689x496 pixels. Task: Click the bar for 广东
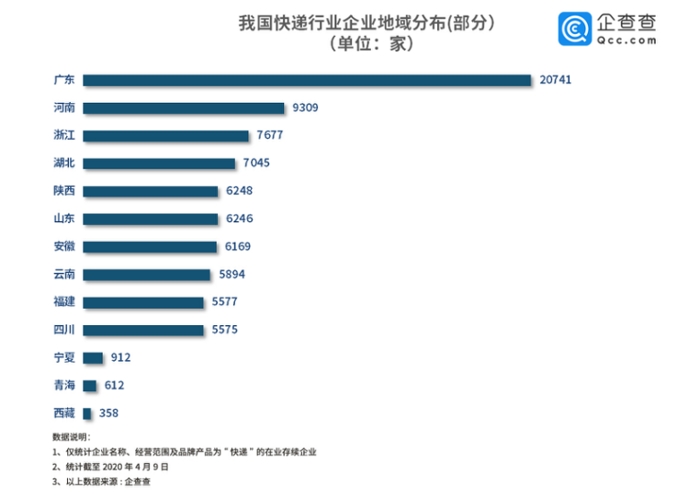(307, 80)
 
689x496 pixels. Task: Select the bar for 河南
(184, 107)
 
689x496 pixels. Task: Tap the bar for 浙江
(165, 136)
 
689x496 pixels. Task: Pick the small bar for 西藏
(87, 413)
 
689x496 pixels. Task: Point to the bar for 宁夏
(93, 357)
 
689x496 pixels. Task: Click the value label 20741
(555, 80)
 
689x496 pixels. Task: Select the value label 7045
(256, 163)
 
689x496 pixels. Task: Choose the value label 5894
(232, 274)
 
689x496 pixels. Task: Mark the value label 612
(114, 386)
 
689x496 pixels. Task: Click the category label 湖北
(64, 163)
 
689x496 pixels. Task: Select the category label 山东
(64, 219)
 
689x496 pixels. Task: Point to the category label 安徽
(64, 246)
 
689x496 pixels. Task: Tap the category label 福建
(64, 302)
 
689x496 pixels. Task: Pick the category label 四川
(64, 330)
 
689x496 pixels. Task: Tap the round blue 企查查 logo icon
(576, 29)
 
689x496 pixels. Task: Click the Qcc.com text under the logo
(627, 40)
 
